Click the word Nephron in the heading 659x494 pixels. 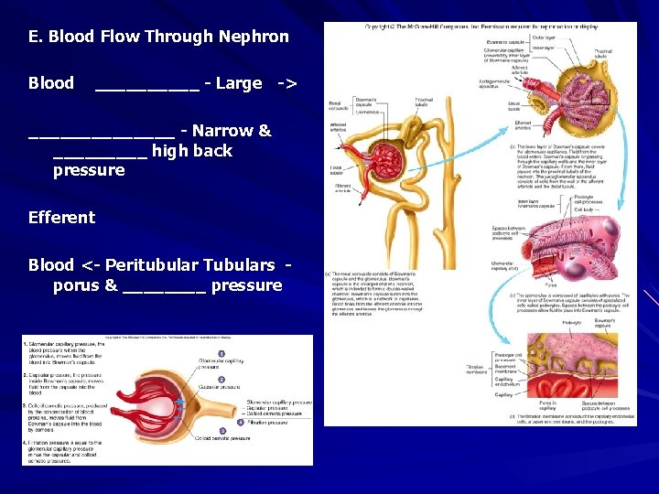(x=254, y=38)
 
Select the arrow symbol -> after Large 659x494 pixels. (x=286, y=83)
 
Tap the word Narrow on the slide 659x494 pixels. (x=225, y=131)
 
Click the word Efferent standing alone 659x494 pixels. (x=61, y=218)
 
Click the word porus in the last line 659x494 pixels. (x=72, y=285)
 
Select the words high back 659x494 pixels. (x=192, y=151)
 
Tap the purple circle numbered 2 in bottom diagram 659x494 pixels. (x=221, y=380)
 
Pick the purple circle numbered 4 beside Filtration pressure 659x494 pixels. (x=241, y=423)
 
